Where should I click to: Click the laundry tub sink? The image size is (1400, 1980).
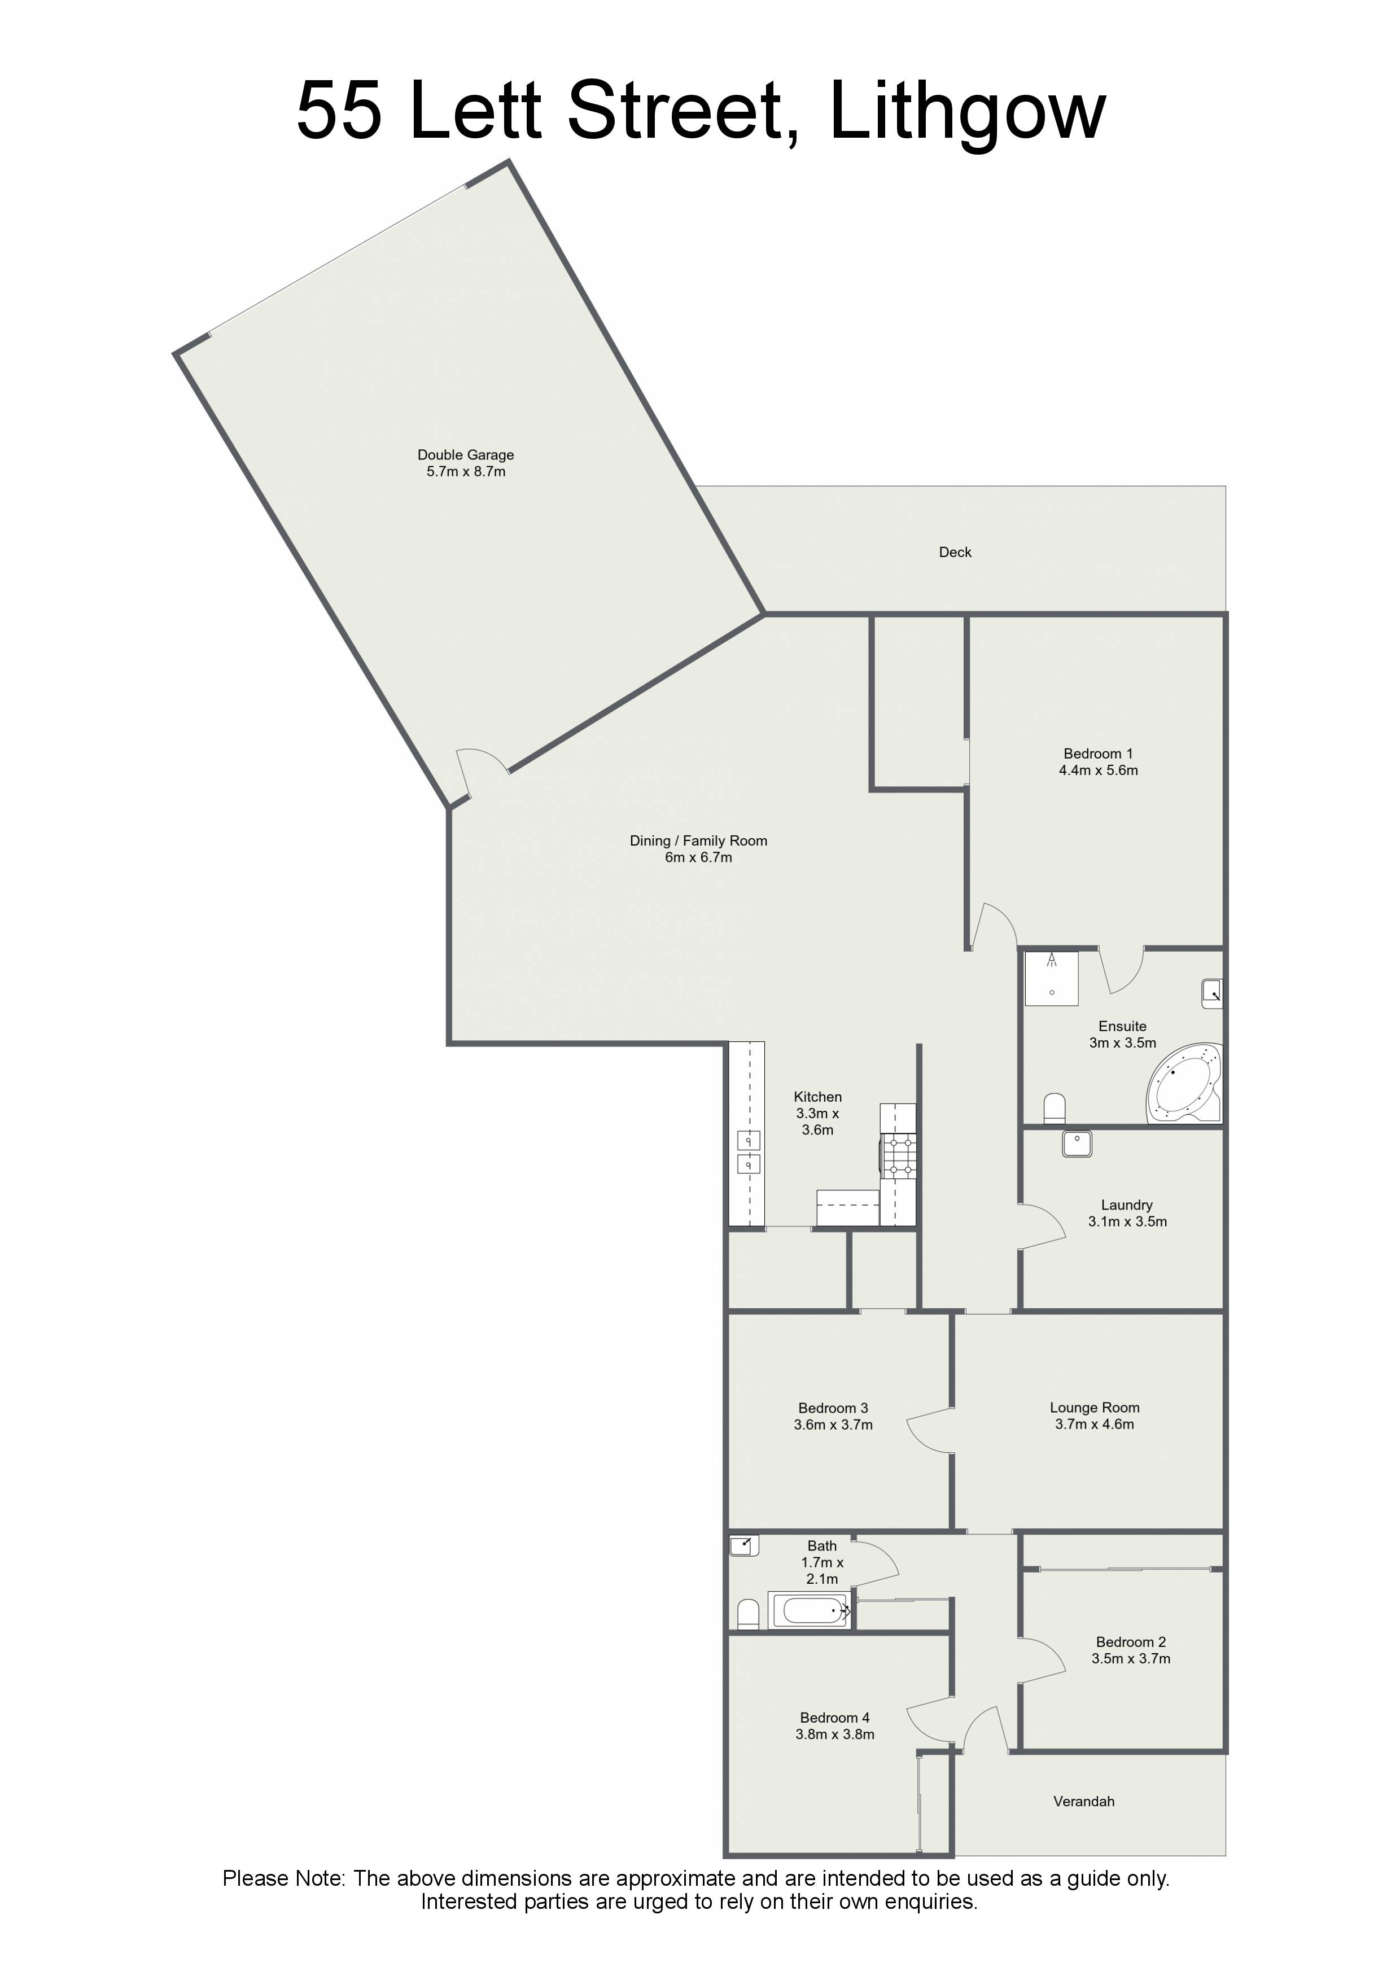(1078, 1144)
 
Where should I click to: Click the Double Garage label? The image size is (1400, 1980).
(466, 454)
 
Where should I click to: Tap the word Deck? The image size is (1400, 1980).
(955, 552)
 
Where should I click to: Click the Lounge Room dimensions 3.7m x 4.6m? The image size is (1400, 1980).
(1095, 1425)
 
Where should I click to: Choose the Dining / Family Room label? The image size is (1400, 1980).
(699, 841)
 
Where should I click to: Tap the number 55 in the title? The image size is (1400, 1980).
(339, 112)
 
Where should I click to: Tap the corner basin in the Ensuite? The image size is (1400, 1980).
(1212, 993)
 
